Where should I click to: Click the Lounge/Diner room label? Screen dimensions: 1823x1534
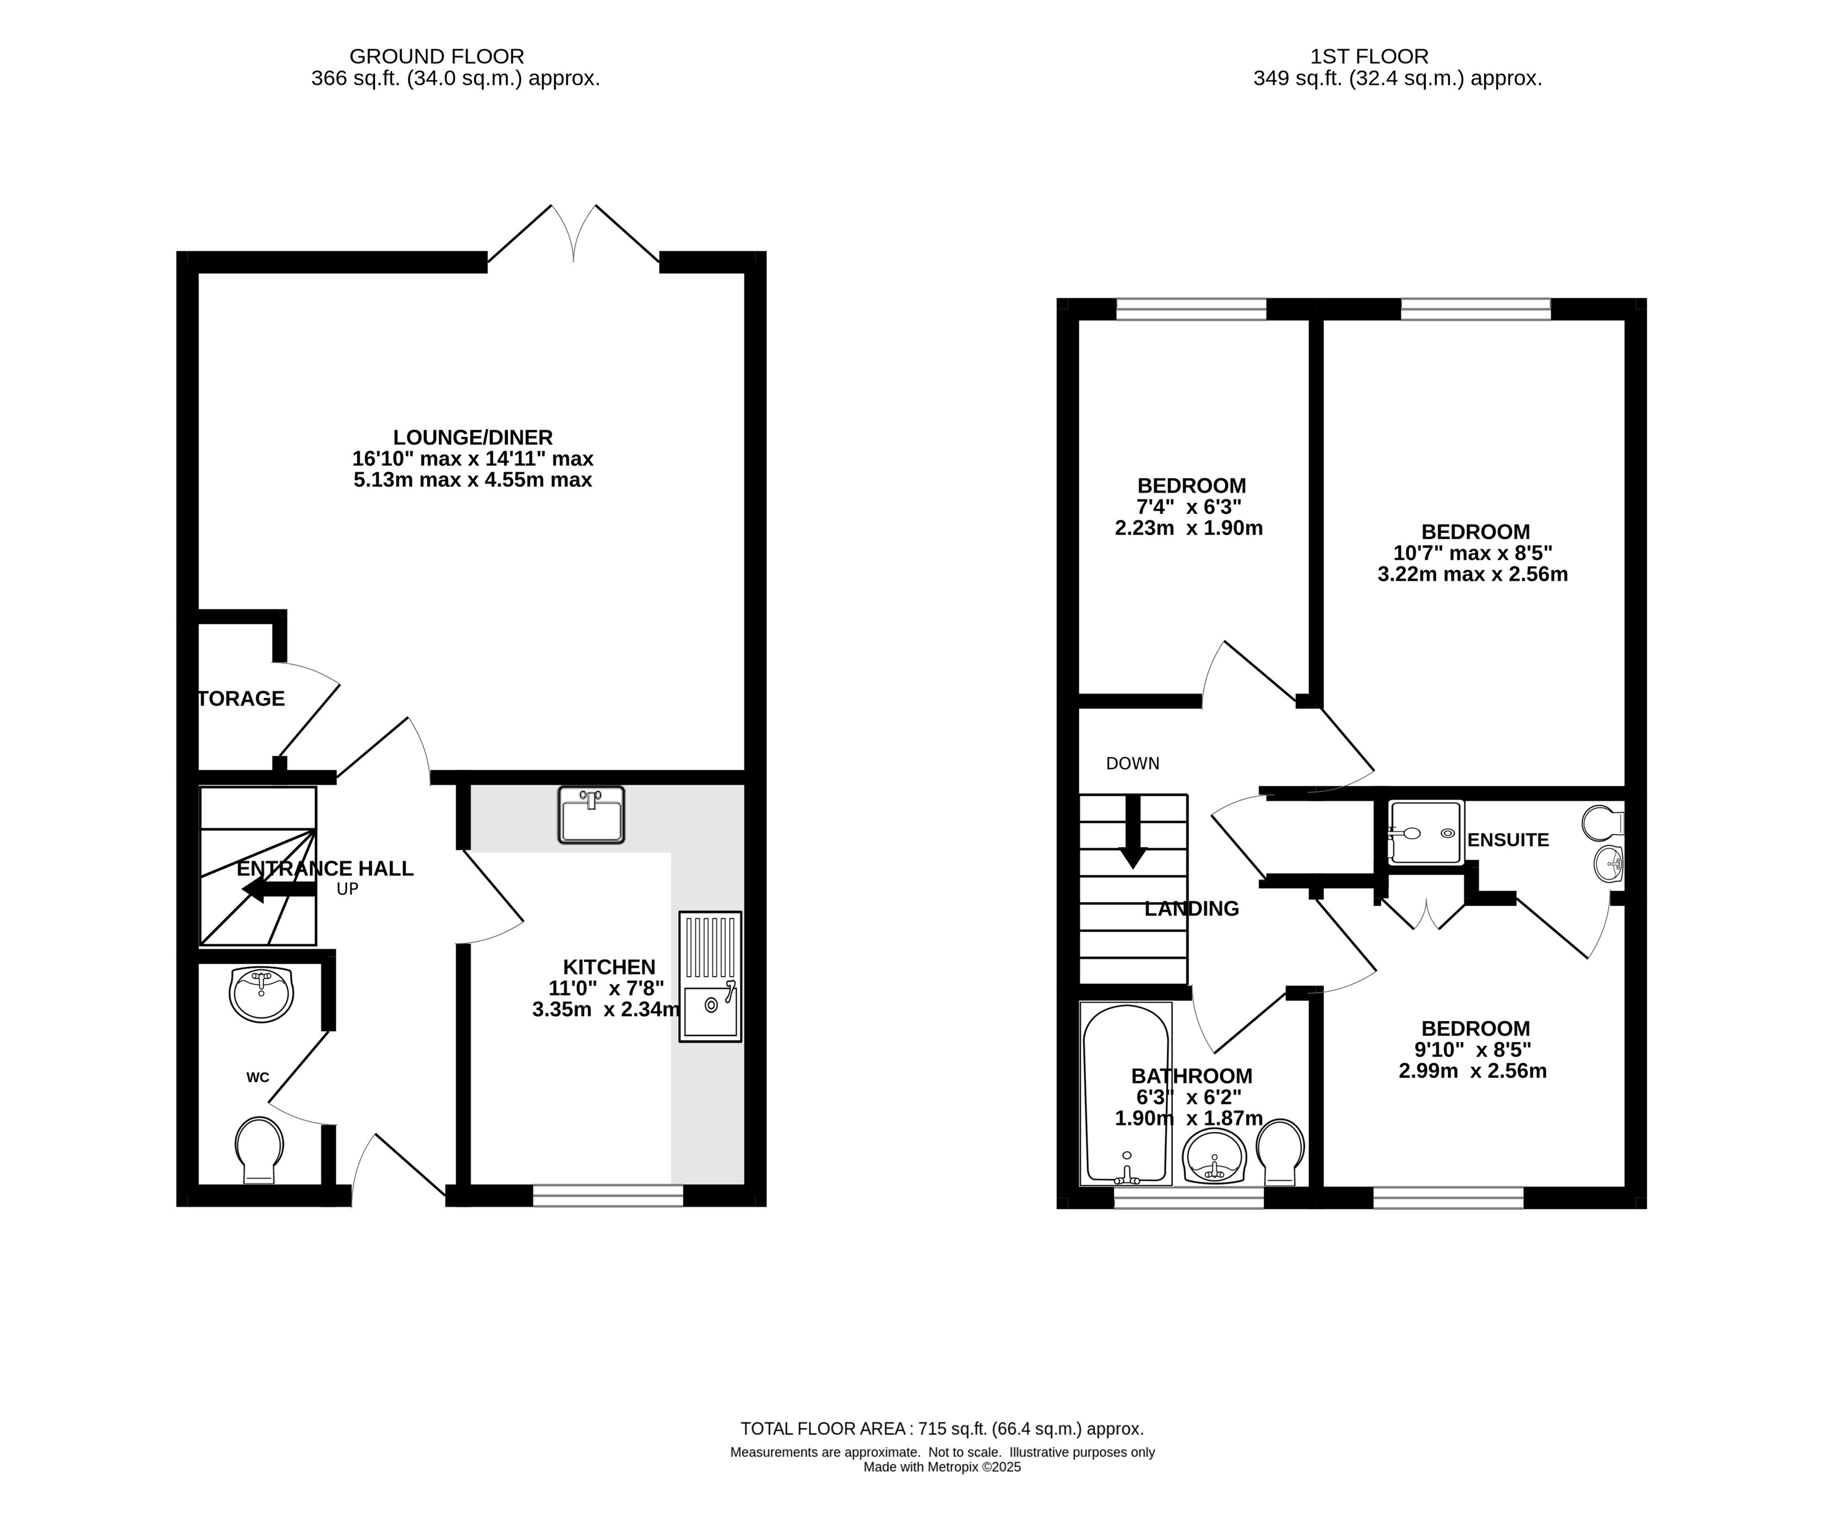coord(473,438)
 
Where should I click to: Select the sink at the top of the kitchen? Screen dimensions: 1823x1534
coord(591,815)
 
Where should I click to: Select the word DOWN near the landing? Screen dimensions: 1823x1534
coord(1133,764)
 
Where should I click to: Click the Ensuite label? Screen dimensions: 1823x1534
coord(1508,840)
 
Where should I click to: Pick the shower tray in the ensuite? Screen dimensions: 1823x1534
coord(1426,832)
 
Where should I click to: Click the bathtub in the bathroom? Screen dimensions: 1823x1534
coord(1126,1093)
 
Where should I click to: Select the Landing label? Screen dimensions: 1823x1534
coord(1192,909)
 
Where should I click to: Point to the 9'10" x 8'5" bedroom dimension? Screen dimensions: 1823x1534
coord(1473,1049)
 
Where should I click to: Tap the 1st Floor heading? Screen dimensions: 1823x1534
coord(1369,56)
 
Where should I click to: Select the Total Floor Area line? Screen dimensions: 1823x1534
coord(942,1429)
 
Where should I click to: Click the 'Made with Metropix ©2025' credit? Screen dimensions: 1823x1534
coord(942,1467)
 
